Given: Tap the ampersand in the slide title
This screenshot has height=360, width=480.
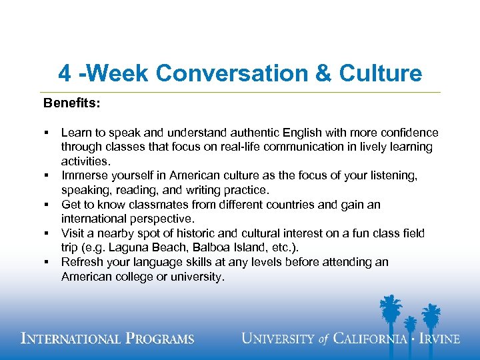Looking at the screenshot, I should [x=323, y=73].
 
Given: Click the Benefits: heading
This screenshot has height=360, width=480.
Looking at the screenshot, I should [x=71, y=103].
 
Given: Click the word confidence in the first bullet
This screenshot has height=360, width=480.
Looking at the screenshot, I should [x=408, y=133].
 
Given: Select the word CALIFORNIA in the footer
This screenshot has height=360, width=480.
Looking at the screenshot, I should [x=371, y=339].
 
